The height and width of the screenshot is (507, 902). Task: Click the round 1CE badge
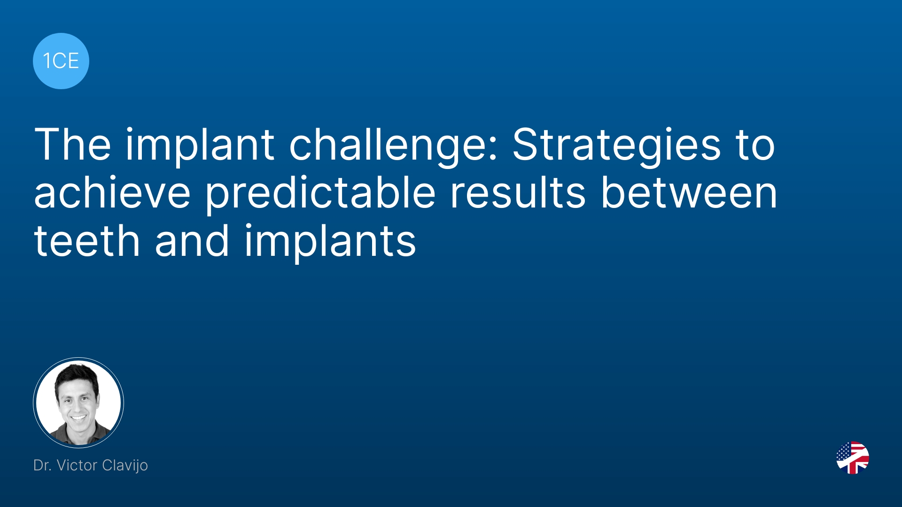[x=61, y=61]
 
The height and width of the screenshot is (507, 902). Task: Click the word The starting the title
[x=73, y=145]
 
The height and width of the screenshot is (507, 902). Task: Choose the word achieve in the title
[x=112, y=193]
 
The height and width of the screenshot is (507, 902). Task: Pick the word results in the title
[x=518, y=193]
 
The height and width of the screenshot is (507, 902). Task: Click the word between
[x=689, y=193]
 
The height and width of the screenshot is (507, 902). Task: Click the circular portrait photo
[x=78, y=402]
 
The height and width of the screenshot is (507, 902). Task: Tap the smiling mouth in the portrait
[x=78, y=417]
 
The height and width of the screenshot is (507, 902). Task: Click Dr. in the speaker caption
[x=42, y=465]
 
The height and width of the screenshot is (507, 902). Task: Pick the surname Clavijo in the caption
[x=125, y=466]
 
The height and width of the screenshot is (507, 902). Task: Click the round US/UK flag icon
[x=853, y=458]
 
